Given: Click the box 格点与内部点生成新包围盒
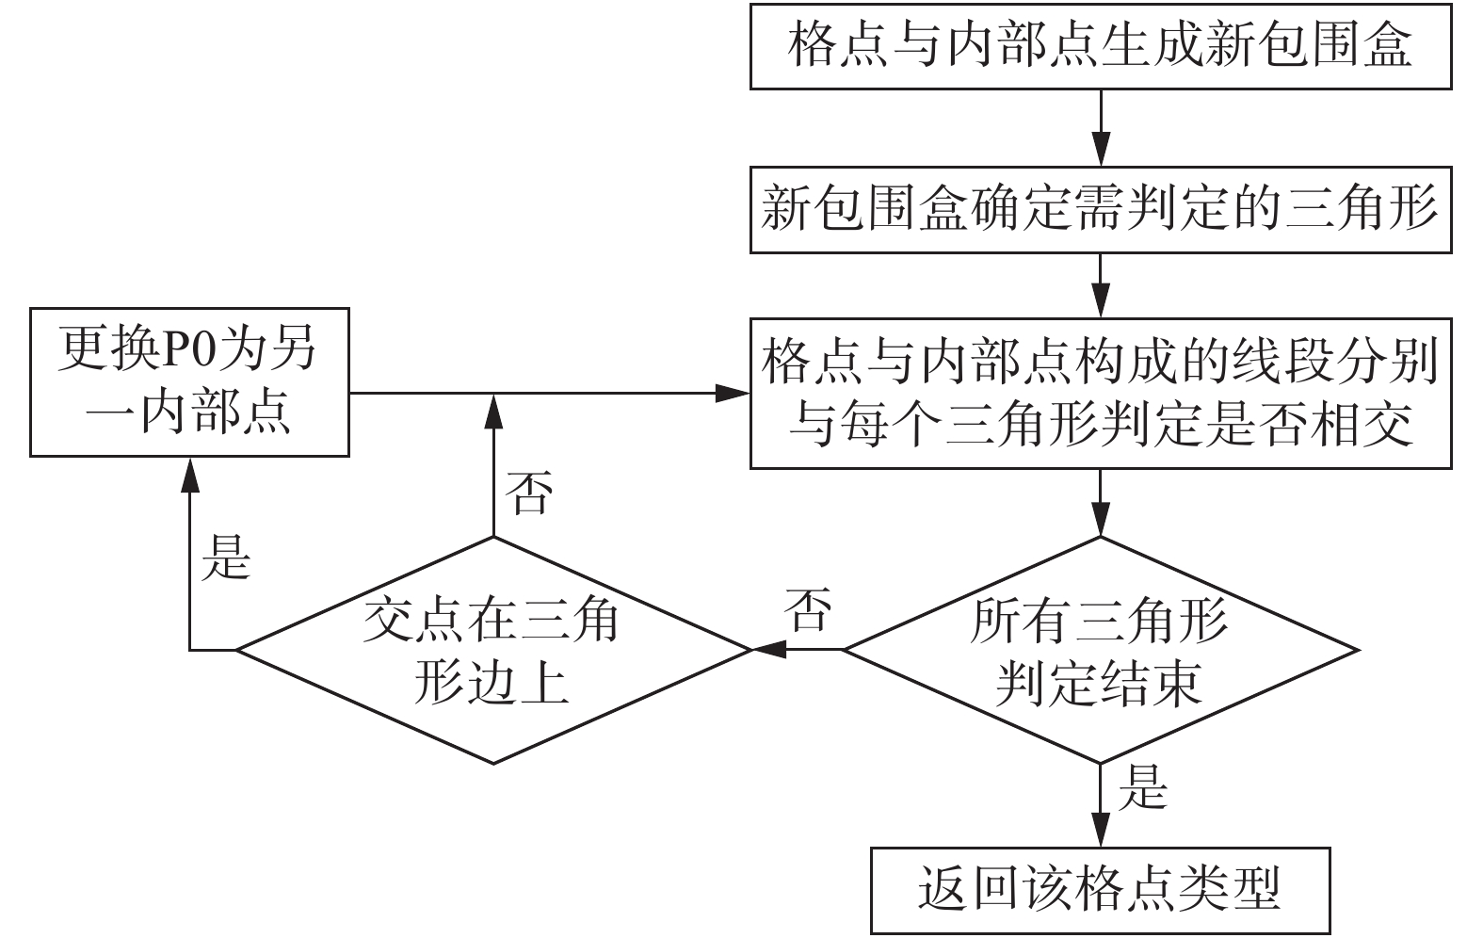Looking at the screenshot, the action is tap(1101, 46).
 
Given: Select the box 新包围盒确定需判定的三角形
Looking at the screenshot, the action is tap(1101, 210).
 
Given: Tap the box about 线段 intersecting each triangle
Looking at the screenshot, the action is tap(1101, 394).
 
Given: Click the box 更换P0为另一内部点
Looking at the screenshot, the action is tap(189, 382).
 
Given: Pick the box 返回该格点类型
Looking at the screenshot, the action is tap(1101, 890).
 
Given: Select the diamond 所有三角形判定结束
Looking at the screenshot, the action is tap(1101, 650).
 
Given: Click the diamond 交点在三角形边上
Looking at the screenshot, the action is tap(493, 650).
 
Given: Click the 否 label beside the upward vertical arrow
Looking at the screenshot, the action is tap(528, 493).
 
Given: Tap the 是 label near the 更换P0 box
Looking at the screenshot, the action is tap(226, 558).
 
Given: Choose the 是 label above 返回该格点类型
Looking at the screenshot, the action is tap(1142, 787).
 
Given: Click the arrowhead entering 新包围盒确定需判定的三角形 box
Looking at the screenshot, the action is tap(1101, 149).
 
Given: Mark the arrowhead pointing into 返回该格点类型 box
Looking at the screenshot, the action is tap(1101, 830).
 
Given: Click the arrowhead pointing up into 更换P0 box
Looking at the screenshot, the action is tap(190, 475).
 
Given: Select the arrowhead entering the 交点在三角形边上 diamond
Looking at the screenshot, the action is tap(768, 650).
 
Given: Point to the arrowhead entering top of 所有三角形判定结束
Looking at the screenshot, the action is tap(1101, 518).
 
